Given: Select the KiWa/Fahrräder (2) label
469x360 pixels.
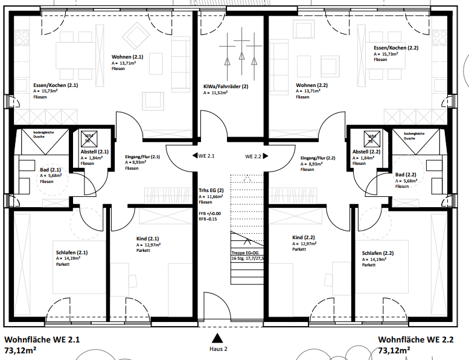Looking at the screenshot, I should click(x=226, y=86).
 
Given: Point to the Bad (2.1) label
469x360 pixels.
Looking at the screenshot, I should click(x=51, y=170).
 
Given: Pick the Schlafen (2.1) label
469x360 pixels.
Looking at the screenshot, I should click(x=72, y=252).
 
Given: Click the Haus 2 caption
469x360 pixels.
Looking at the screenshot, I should click(x=218, y=349).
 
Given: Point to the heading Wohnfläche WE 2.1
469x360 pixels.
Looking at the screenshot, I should click(x=42, y=339).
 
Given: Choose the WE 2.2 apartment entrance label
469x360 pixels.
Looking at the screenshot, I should click(x=253, y=156).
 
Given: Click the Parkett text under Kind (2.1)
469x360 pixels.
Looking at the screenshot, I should click(x=143, y=250).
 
